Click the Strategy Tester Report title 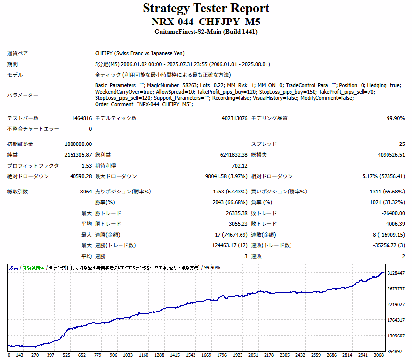(x=206, y=8)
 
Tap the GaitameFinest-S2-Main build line (x=206, y=32)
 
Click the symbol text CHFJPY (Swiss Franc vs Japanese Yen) (x=140, y=53)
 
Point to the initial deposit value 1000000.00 (x=78, y=144)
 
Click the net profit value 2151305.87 (x=78, y=155)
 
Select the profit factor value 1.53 (x=86, y=166)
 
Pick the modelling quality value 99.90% (x=395, y=118)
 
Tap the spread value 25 (x=402, y=144)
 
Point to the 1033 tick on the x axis (x=128, y=355)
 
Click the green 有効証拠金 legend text (x=33, y=268)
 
